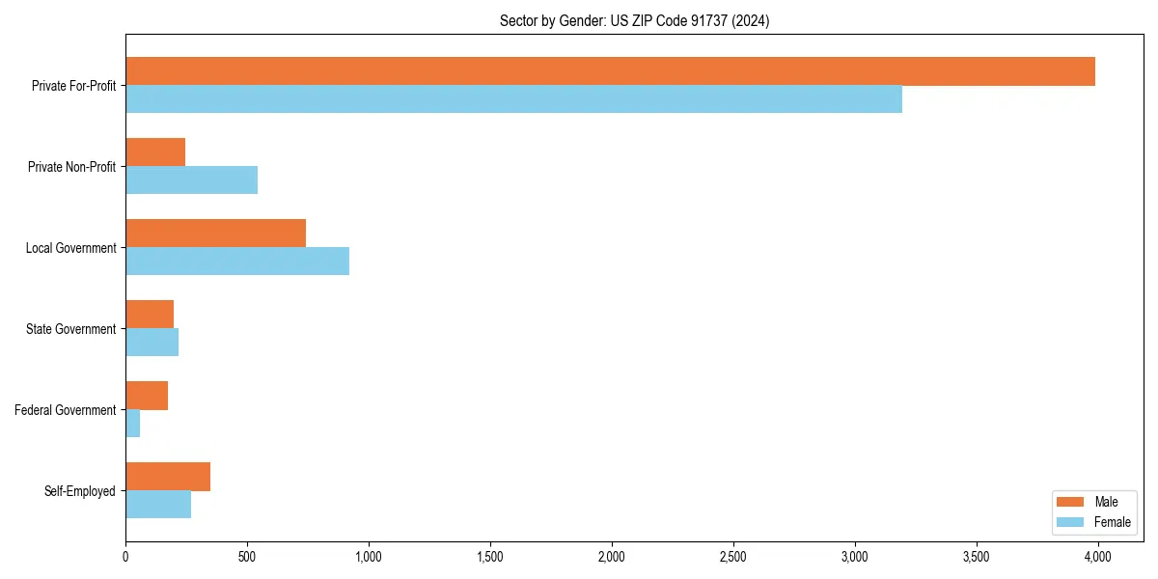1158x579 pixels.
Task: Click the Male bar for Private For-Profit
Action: (610, 71)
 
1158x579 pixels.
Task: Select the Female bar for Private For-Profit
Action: (513, 99)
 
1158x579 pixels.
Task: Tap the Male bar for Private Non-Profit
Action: (155, 152)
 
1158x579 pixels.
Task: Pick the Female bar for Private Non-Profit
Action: (191, 180)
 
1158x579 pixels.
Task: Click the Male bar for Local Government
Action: (215, 234)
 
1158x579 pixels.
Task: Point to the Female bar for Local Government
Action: (237, 262)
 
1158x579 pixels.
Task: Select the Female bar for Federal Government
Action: (133, 424)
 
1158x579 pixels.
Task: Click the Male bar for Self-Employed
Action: (168, 477)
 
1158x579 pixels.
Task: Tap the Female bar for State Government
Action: (152, 343)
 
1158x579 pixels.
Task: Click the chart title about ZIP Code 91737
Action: (634, 21)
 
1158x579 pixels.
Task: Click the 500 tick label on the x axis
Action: (247, 557)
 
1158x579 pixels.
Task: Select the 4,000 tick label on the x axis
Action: (1098, 557)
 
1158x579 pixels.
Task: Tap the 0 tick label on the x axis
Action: (125, 557)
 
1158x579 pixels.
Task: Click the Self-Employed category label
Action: (80, 491)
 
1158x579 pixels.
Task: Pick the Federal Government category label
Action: (66, 410)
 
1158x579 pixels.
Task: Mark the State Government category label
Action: (71, 329)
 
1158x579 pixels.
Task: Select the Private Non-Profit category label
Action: (72, 167)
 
